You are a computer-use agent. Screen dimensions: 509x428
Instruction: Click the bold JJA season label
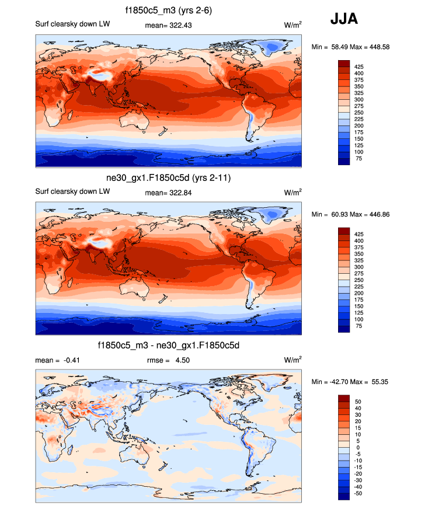tap(344, 19)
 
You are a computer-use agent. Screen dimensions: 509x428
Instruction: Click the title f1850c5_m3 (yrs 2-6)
tap(169, 10)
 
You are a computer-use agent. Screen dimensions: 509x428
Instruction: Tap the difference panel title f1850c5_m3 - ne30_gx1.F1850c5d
tap(169, 346)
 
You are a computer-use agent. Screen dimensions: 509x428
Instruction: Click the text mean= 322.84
tap(168, 192)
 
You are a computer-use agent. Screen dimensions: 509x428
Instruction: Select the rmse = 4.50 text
tap(168, 360)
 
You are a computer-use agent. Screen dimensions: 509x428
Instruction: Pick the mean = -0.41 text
tap(57, 360)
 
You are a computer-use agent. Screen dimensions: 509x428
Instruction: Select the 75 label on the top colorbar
tap(360, 158)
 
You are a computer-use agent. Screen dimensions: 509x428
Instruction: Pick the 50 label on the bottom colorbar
tap(360, 402)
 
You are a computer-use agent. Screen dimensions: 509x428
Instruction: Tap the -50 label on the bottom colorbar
tap(360, 493)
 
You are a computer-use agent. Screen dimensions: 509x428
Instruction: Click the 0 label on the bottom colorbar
tap(358, 448)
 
